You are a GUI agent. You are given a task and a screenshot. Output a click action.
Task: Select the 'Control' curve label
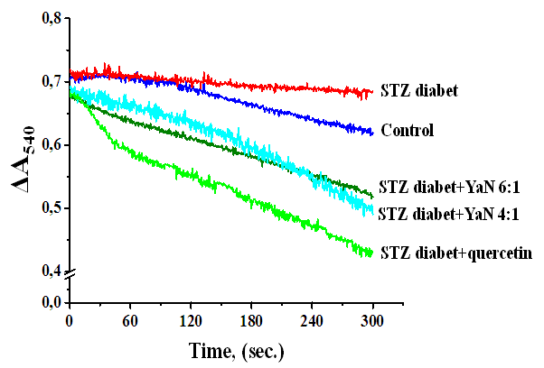(408, 130)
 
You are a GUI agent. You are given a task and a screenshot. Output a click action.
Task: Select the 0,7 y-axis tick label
(48, 81)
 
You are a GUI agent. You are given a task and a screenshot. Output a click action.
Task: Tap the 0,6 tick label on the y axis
(48, 144)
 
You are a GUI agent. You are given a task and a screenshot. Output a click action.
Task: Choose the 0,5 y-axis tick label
(48, 207)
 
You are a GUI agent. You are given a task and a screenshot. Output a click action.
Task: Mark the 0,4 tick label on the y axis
(48, 271)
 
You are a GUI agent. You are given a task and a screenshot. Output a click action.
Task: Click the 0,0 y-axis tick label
(48, 302)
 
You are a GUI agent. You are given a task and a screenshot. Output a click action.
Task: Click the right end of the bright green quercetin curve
(371, 253)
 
